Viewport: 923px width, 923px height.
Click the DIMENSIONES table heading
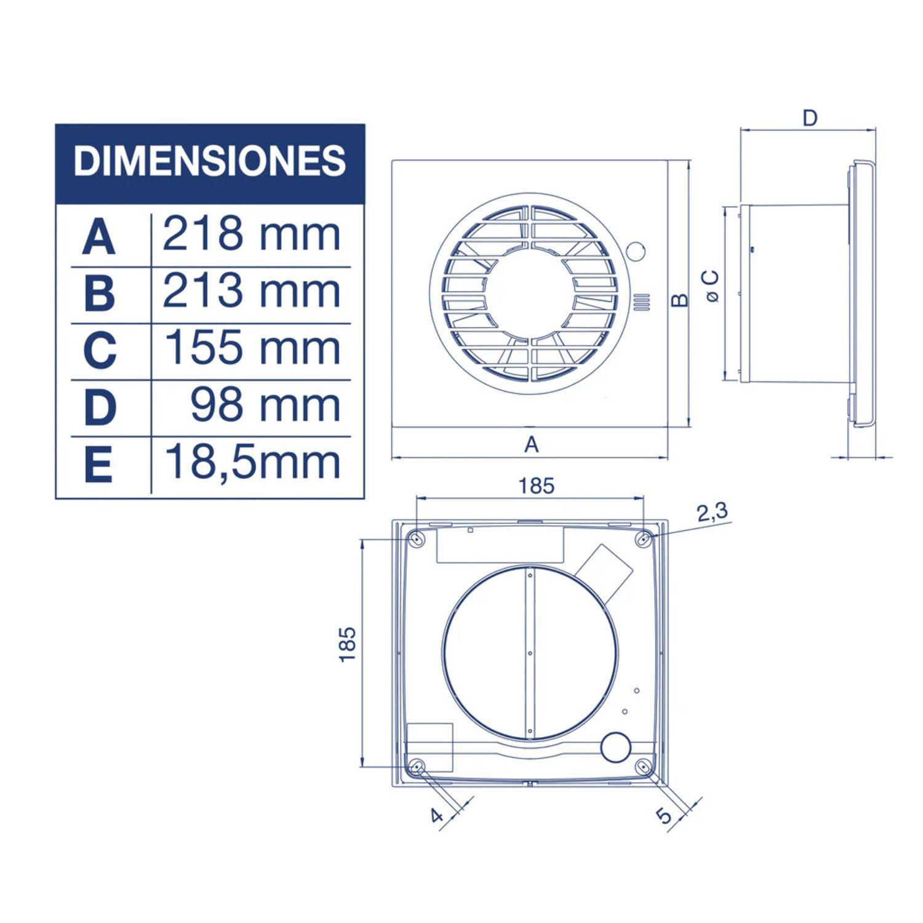209,161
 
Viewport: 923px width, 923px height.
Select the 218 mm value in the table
251,234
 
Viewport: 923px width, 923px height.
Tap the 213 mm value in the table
251,291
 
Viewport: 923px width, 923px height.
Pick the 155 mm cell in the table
252,348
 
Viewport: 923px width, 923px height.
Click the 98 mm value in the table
265,404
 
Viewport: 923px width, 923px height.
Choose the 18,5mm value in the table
252,463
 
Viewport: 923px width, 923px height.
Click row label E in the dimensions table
98,465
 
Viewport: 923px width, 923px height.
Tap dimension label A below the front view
532,444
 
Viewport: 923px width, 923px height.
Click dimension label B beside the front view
679,300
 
